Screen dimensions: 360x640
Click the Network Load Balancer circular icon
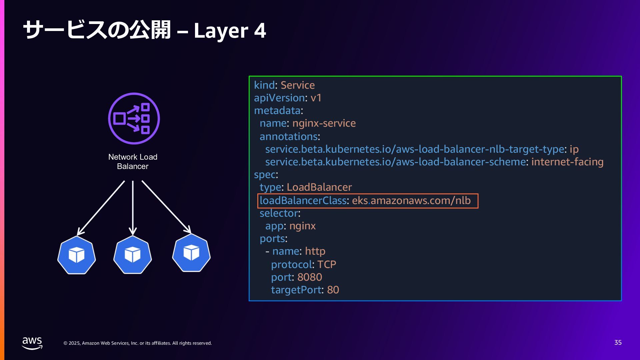[x=134, y=118]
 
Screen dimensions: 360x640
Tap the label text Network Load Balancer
[x=133, y=162]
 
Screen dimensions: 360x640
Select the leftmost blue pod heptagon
[x=77, y=255]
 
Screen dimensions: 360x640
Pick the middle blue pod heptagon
[x=133, y=255]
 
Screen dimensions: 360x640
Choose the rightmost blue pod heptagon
[x=191, y=253]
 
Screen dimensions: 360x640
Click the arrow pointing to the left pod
[x=101, y=208]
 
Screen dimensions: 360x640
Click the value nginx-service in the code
[x=324, y=123]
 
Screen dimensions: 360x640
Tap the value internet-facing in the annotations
[x=567, y=162]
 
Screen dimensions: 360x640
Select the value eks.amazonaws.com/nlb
[x=411, y=201]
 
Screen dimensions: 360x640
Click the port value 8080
[x=309, y=277]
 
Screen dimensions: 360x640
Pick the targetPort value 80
[x=333, y=290]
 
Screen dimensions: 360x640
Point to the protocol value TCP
[x=326, y=265]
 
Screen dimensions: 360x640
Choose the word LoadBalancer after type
[x=319, y=187]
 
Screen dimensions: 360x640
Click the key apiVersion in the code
[x=279, y=98]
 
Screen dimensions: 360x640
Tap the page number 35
[x=618, y=343]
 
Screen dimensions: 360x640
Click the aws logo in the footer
[x=32, y=343]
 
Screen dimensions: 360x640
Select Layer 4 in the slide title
[x=230, y=31]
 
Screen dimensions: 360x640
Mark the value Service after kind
[x=297, y=85]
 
